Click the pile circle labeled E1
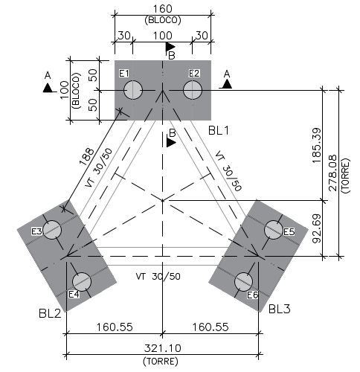(133, 90)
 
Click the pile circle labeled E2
(193, 90)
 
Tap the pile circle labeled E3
(52, 230)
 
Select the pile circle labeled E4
(82, 282)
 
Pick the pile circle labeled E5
(273, 230)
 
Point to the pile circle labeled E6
(243, 282)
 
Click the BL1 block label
(219, 130)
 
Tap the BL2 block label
(50, 314)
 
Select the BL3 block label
(280, 309)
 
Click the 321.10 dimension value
(163, 348)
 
